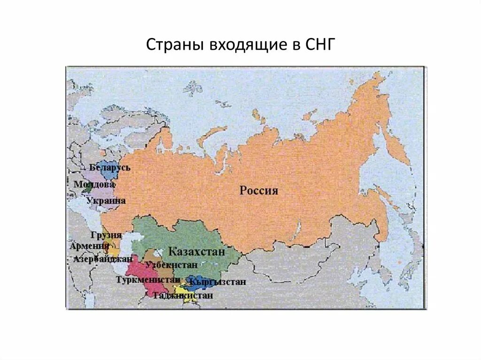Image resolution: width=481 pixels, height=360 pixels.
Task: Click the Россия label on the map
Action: click(259, 191)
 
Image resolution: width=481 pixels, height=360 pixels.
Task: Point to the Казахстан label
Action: click(197, 251)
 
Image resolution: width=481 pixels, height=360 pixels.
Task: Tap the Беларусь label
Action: click(109, 168)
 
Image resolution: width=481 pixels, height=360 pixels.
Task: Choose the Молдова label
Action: click(94, 184)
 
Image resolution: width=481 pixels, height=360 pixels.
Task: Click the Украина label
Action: click(106, 200)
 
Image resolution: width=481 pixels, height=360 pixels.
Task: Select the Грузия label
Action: click(106, 235)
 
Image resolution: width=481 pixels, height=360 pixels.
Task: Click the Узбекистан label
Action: click(171, 264)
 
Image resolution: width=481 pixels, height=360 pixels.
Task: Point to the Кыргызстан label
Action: click(217, 282)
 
